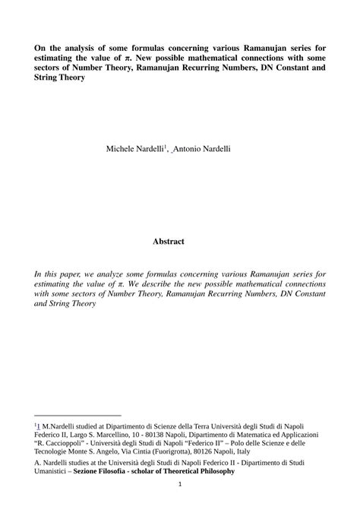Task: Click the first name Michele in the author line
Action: coord(122,149)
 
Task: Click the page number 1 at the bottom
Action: coord(180,485)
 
